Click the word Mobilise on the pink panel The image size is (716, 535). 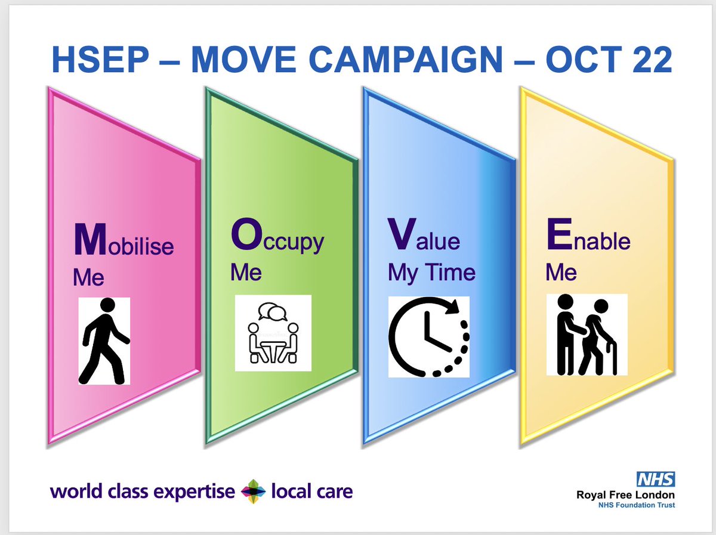[123, 242]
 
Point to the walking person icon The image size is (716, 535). [104, 341]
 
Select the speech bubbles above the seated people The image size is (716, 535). [273, 311]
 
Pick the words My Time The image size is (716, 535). [431, 273]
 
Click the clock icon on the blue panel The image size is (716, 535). [428, 336]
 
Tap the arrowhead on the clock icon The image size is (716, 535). [457, 309]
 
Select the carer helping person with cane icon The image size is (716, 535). [586, 335]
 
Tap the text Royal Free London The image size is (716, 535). [625, 494]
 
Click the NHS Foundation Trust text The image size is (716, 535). [637, 505]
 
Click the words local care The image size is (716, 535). [311, 492]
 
